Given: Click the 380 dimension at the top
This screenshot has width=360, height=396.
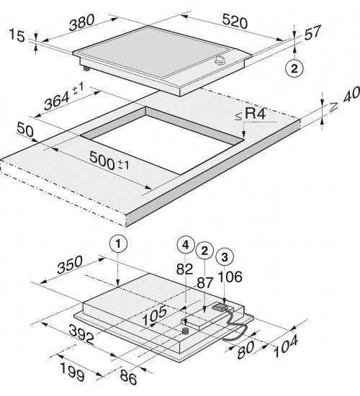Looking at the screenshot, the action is [82, 22].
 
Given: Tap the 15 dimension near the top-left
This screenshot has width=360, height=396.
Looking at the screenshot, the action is [17, 35].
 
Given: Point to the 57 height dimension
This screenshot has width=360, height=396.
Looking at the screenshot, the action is [312, 32].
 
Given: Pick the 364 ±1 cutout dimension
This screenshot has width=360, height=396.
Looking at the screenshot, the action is [63, 97].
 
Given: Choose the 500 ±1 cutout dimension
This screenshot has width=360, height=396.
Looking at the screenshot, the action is [109, 161].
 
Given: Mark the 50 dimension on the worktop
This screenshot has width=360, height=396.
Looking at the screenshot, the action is [24, 130].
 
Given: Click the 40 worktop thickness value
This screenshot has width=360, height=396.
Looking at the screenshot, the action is [351, 95].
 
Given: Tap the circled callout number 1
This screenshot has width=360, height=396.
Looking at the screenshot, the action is [118, 243].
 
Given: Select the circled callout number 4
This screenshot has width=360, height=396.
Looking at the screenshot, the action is [186, 245].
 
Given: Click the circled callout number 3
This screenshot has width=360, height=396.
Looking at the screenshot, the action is [225, 256].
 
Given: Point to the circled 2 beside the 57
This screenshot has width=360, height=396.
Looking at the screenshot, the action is [294, 68].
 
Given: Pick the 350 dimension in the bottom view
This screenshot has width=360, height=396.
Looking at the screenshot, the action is [70, 265].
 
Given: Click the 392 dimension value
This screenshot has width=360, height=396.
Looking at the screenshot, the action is [81, 334].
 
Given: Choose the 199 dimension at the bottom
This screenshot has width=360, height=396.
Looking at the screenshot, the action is [73, 372].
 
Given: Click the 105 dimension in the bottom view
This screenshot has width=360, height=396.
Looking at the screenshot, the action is [155, 315].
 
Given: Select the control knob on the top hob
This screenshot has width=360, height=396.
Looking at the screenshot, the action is [220, 60].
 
